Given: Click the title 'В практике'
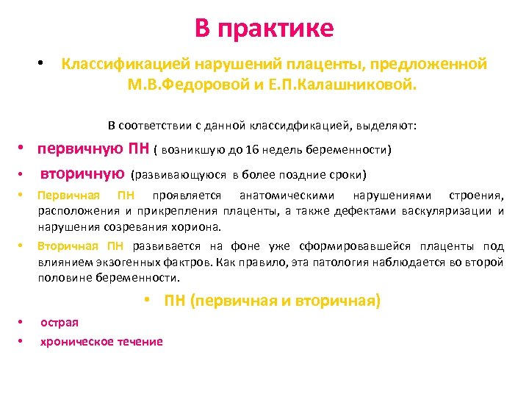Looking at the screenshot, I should click(x=264, y=28).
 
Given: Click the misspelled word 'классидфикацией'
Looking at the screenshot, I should click(x=285, y=126).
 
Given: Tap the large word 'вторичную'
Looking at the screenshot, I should click(x=82, y=174).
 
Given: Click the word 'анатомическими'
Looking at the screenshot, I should click(x=287, y=196).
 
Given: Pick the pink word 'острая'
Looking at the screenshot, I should click(x=60, y=323).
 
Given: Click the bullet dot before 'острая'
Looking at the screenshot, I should click(x=22, y=323).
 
